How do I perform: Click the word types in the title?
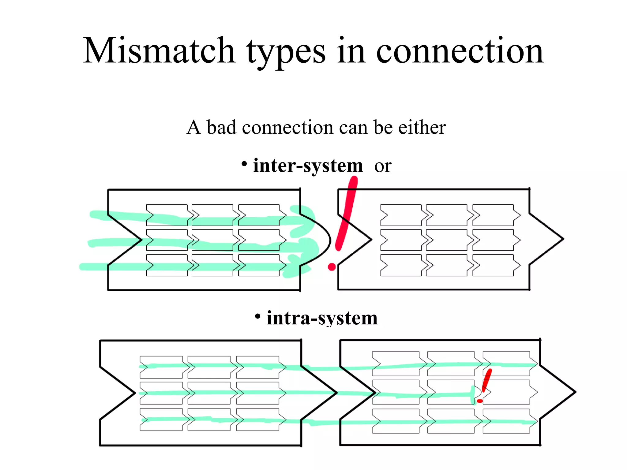286,52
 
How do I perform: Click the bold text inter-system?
308,166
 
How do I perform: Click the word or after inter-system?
383,166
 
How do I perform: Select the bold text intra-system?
322,318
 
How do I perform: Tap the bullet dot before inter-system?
244,164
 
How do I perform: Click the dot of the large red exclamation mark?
332,267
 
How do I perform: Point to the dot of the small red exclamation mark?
480,401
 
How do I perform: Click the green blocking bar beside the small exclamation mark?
473,395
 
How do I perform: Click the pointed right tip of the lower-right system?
574,392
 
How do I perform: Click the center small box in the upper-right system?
446,240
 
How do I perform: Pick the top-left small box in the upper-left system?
167,215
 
